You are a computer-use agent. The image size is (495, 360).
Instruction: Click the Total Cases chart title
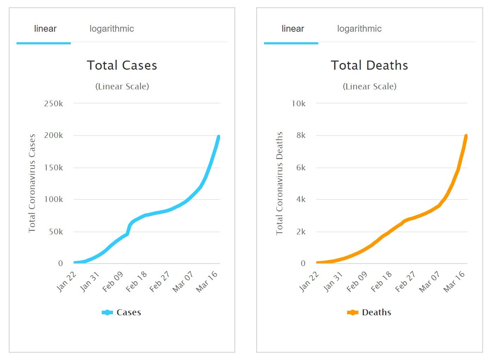click(122, 65)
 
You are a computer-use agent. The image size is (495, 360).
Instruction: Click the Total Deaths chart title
click(369, 65)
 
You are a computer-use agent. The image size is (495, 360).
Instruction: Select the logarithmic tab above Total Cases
click(112, 29)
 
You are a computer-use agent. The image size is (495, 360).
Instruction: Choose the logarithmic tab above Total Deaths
click(359, 29)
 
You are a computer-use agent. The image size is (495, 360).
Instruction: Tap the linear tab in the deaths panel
click(293, 29)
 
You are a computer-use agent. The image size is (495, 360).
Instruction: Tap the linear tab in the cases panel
click(45, 29)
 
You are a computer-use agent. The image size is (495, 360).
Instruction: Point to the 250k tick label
click(54, 103)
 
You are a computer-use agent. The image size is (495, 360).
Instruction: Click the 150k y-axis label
click(54, 168)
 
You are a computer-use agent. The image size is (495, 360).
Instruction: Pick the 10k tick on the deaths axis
click(299, 103)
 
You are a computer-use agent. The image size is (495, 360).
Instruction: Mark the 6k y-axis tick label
click(301, 168)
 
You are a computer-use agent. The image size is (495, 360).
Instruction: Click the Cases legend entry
click(122, 312)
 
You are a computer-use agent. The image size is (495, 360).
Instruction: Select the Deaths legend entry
click(369, 312)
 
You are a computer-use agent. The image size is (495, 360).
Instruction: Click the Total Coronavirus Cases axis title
click(32, 183)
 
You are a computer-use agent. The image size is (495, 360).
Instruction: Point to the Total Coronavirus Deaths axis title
click(280, 183)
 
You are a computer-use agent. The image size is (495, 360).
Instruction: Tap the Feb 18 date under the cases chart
click(137, 282)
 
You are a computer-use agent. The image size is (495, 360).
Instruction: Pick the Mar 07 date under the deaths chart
click(430, 282)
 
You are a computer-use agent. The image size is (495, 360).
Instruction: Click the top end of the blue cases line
click(218, 137)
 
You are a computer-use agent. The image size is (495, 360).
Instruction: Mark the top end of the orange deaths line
click(466, 136)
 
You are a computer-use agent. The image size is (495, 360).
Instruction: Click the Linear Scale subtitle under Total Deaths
click(369, 87)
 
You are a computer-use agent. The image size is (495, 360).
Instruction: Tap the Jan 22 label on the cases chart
click(67, 282)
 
